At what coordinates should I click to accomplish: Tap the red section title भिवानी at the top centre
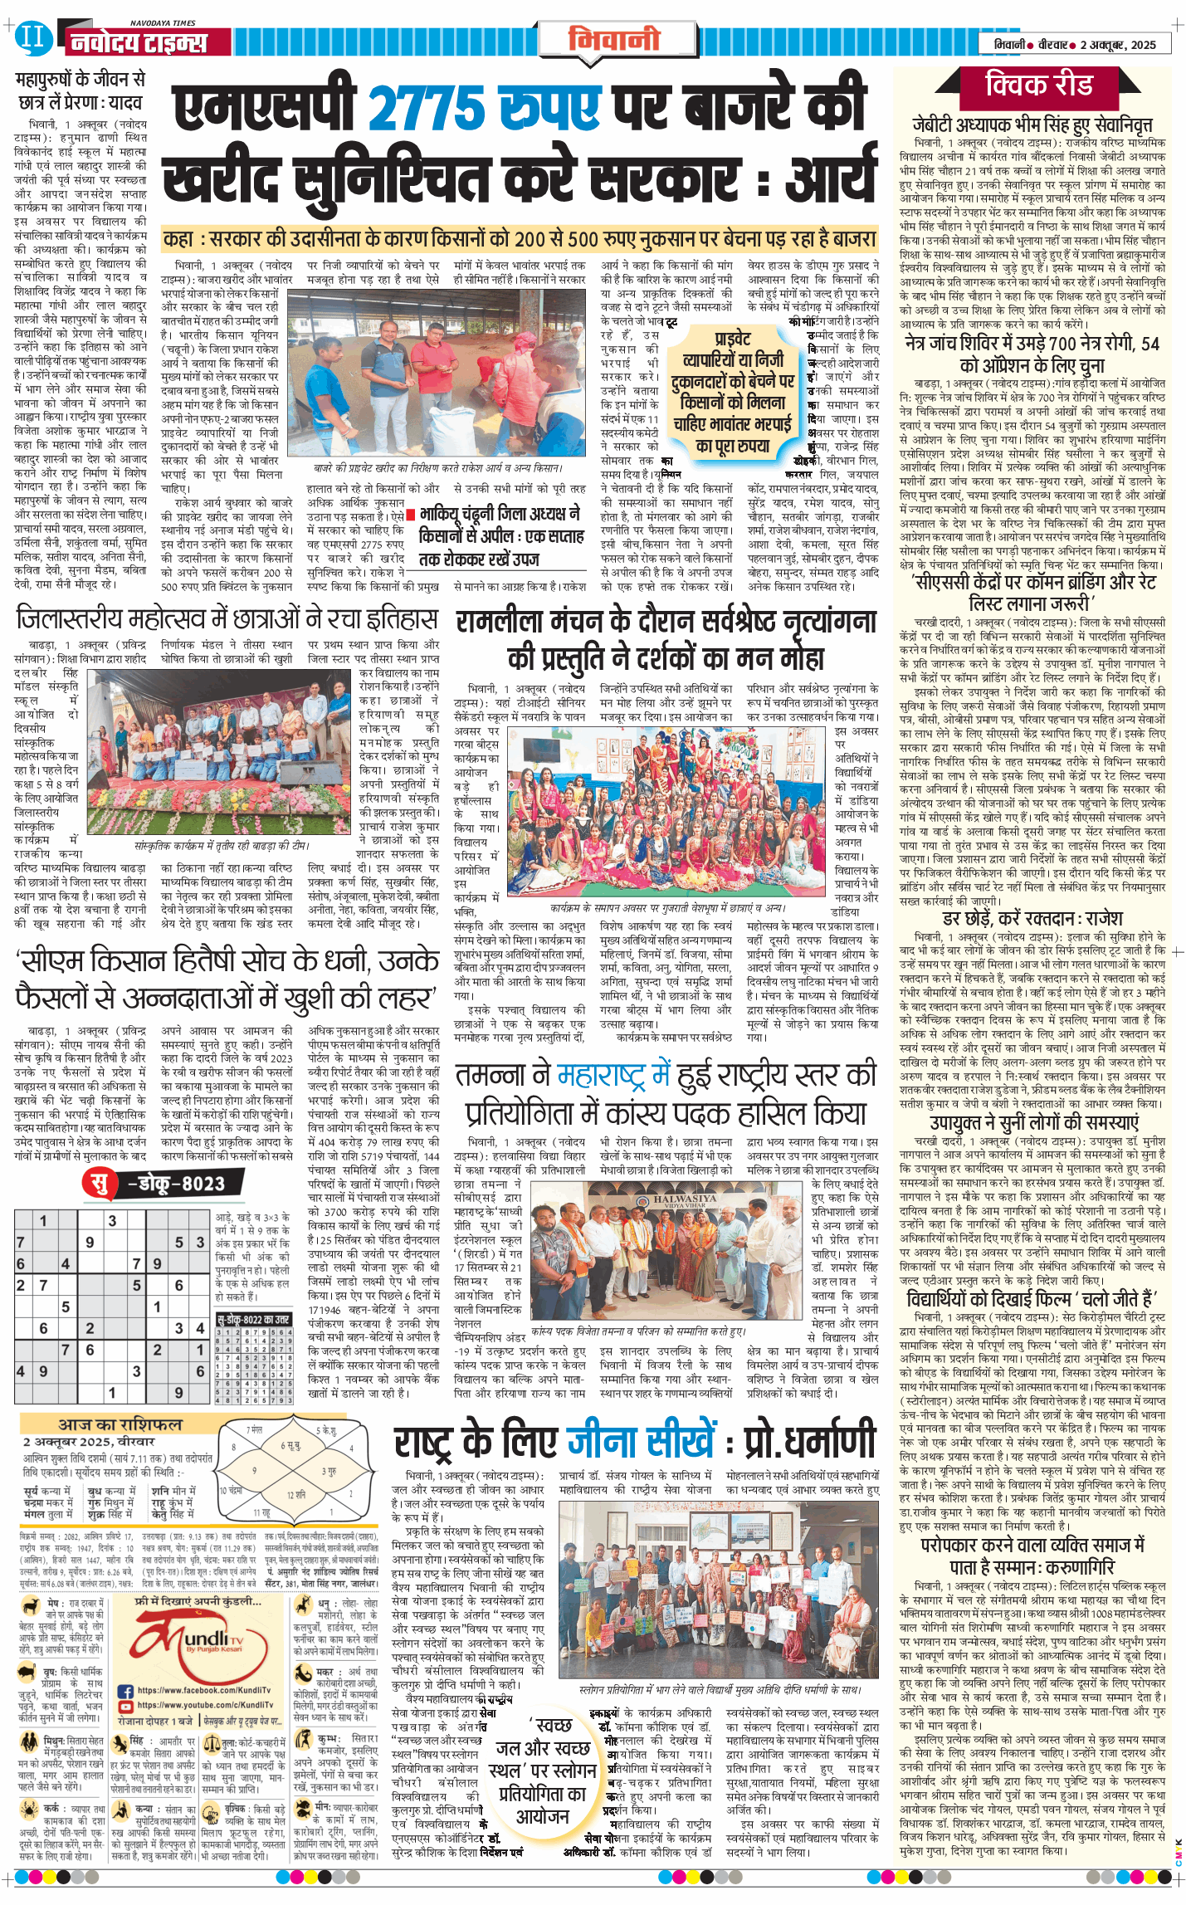(614, 39)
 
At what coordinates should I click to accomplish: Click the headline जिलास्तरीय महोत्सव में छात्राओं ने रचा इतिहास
(227, 618)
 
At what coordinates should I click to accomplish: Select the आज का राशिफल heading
(120, 1424)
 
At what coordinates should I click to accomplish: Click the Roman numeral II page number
(32, 37)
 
